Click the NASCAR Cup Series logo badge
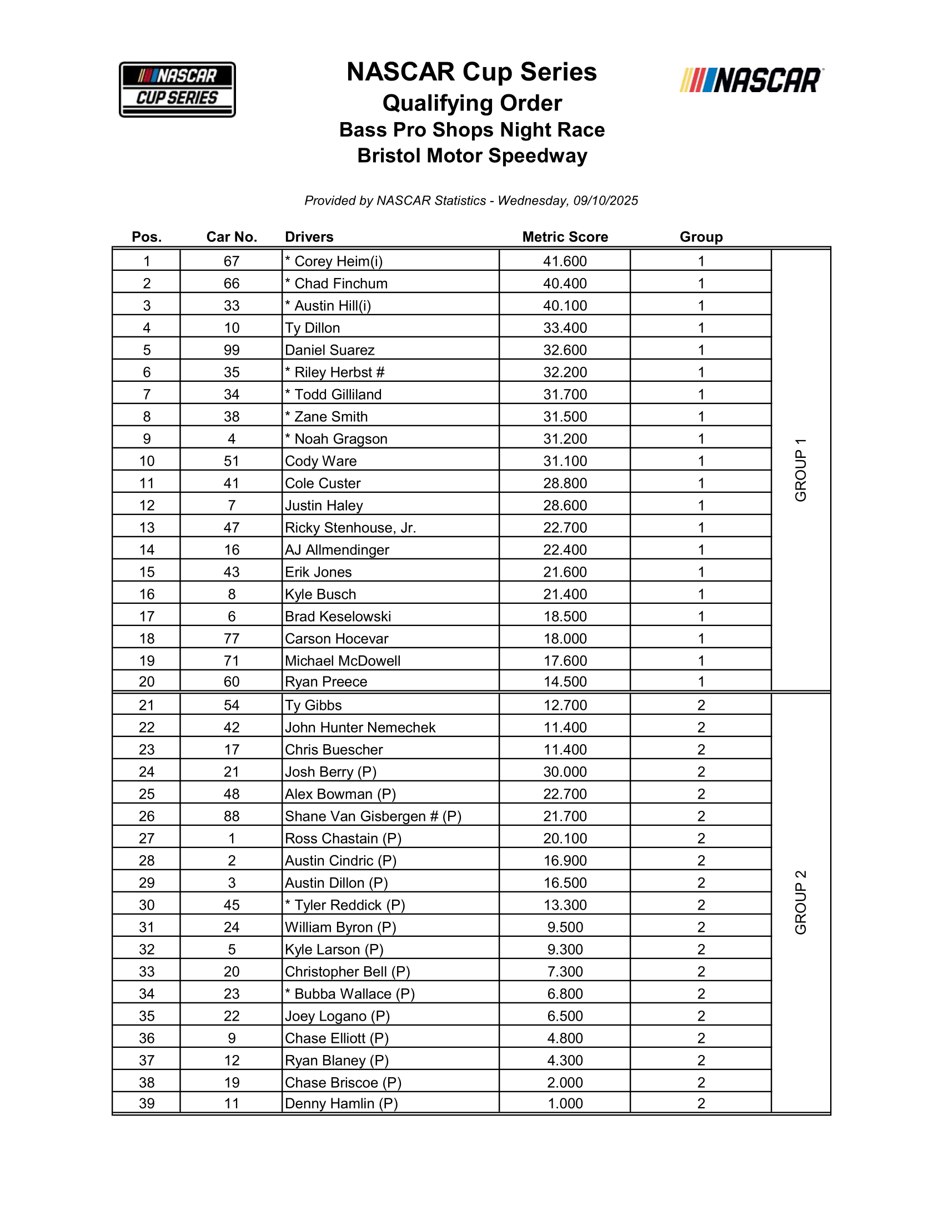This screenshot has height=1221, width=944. (177, 89)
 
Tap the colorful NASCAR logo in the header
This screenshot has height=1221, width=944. (751, 80)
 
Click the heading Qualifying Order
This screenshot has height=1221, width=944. (472, 103)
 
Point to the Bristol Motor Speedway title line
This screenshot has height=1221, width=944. (472, 155)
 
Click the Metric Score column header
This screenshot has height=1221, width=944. (565, 237)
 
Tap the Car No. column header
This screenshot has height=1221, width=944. (232, 237)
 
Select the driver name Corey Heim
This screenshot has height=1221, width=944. (338, 261)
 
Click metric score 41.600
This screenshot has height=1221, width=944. (565, 261)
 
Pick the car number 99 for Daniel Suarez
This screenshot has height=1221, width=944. (232, 350)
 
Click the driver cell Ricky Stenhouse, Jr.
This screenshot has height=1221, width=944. (350, 528)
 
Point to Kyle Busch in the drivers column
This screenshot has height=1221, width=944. (320, 594)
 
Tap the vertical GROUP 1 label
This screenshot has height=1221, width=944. (801, 470)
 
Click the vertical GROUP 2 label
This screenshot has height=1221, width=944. (801, 902)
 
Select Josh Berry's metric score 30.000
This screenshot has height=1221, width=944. (565, 772)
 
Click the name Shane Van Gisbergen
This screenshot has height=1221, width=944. (356, 816)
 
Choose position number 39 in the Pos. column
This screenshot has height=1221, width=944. (147, 1103)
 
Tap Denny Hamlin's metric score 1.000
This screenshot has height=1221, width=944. (565, 1103)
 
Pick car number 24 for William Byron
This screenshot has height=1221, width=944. (232, 927)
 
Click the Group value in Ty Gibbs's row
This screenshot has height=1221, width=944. (701, 705)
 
